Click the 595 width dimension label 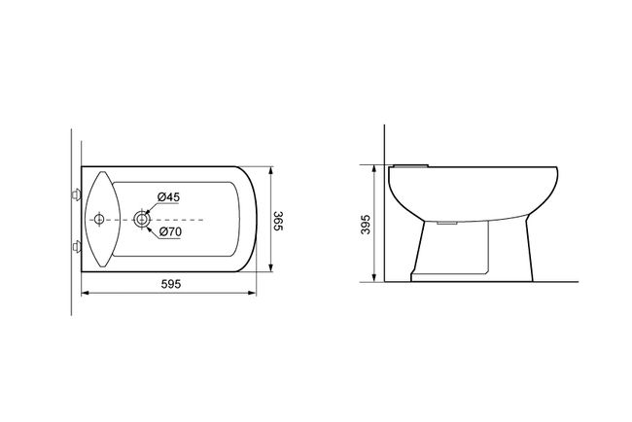pos(171,284)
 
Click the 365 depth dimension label pos(278,221)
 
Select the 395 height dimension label pos(366,224)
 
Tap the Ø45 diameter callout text pos(168,197)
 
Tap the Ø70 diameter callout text pos(170,231)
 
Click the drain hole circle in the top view pos(142,219)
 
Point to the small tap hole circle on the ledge pos(99,219)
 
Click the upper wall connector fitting pos(76,194)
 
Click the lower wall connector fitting pos(76,246)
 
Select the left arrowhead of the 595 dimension pos(85,293)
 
